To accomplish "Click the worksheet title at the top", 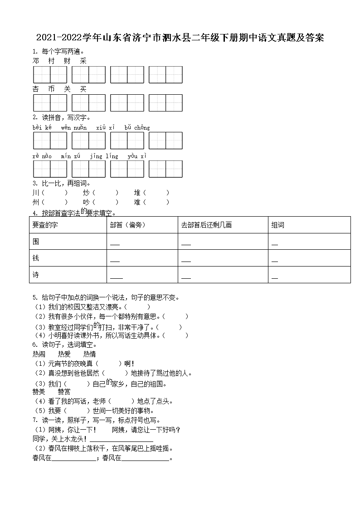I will point(180,38).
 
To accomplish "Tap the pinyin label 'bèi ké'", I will point(42,128).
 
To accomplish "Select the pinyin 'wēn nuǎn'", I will point(74,128).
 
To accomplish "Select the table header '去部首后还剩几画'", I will point(206,225).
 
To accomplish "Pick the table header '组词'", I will point(278,225).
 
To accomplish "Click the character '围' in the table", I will point(36,242).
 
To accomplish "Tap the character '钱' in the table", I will point(36,258).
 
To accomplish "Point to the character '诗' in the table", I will point(36,275).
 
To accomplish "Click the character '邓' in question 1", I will point(36,61).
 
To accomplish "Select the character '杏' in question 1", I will point(36,89).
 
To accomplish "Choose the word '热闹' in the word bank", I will point(39,354).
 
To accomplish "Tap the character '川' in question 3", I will point(36,193).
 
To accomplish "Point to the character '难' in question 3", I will point(137,202).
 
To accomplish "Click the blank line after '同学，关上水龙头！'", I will point(121,440).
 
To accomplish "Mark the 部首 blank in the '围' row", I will point(115,244).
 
